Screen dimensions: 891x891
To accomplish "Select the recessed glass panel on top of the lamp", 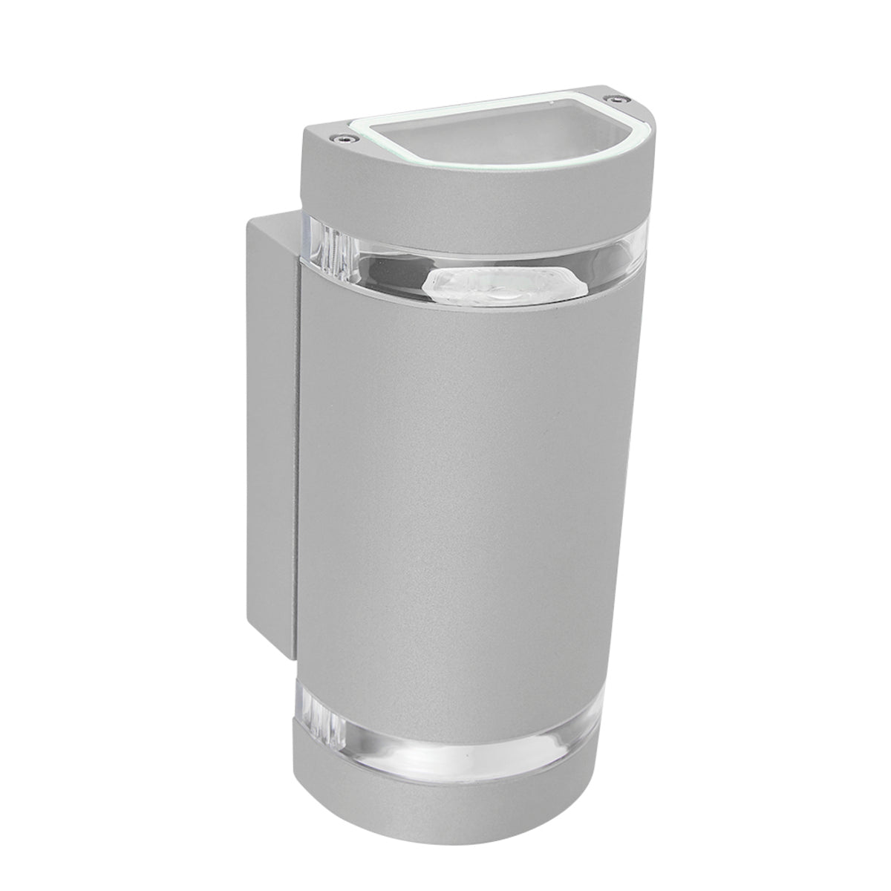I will [475, 137].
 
